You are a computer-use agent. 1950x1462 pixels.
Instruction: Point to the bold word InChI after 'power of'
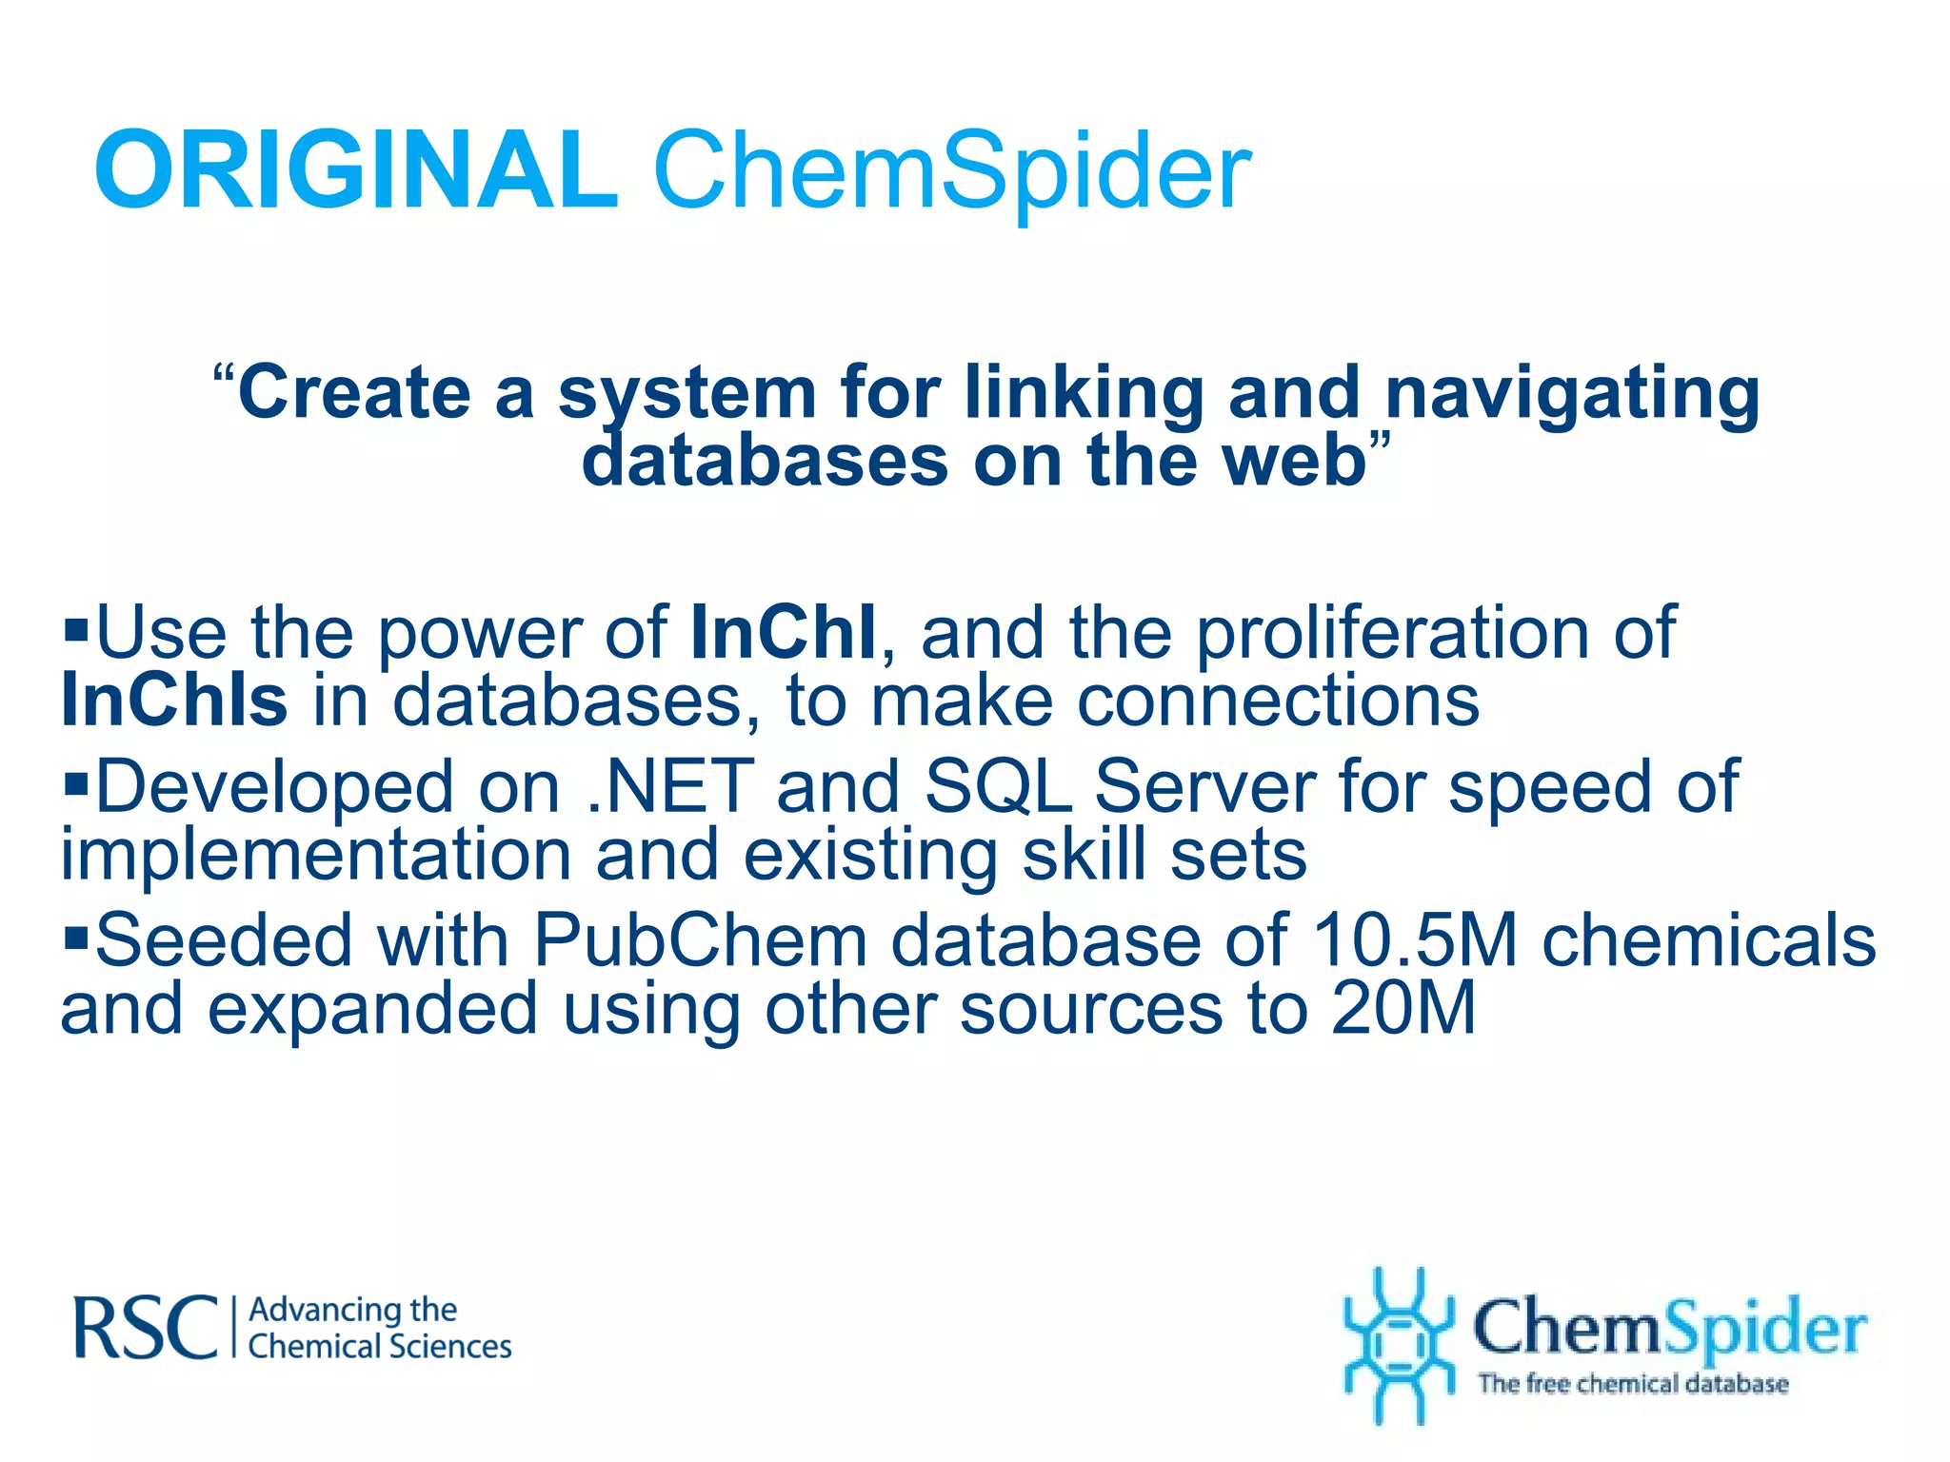(x=783, y=632)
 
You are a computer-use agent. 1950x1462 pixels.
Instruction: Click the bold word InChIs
(x=174, y=701)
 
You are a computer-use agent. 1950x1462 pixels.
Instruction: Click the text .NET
(x=669, y=786)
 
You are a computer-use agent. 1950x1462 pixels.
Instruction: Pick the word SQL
(x=998, y=786)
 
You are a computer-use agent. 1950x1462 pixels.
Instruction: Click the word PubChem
(x=700, y=940)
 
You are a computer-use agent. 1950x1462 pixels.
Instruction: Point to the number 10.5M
(x=1414, y=940)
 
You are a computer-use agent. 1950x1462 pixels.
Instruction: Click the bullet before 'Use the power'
(x=76, y=628)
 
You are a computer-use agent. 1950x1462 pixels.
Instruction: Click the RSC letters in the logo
(x=146, y=1327)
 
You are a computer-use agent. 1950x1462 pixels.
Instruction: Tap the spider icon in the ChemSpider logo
(x=1397, y=1344)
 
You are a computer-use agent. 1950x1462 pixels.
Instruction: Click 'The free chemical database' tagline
(x=1633, y=1383)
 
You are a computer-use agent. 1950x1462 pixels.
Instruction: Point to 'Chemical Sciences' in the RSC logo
(x=380, y=1347)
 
